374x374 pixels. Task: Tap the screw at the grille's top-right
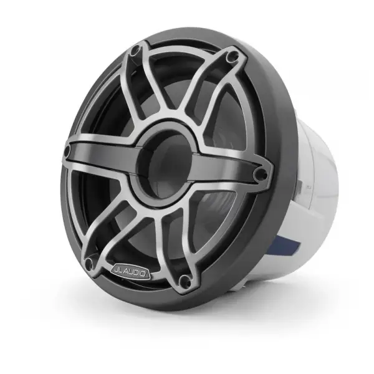[233, 57]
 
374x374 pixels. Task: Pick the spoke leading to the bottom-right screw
[178, 249]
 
